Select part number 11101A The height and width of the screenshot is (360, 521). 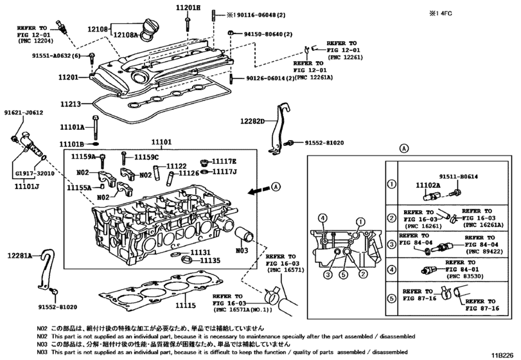click(73, 127)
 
